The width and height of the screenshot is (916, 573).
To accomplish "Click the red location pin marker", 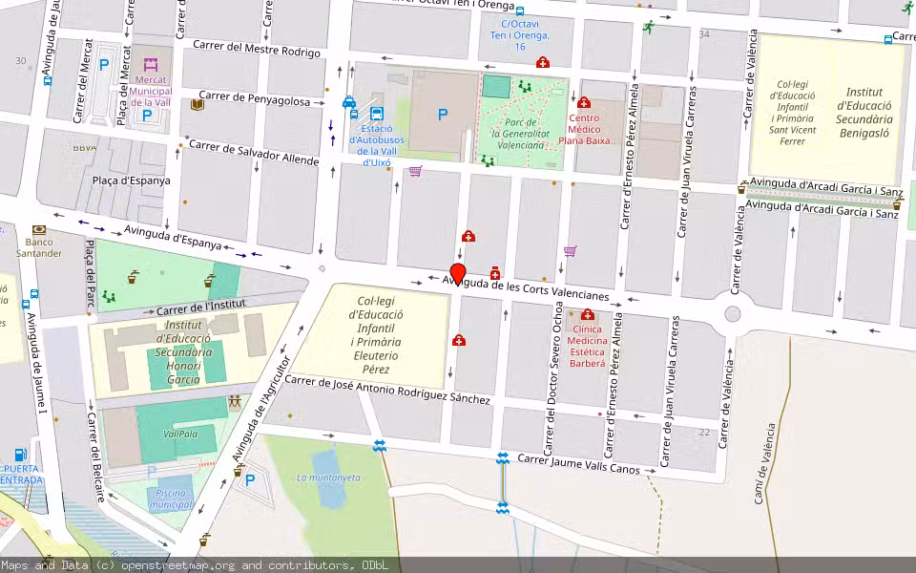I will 458,274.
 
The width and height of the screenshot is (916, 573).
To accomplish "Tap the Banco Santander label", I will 39,247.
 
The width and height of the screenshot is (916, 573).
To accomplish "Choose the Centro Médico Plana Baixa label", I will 583,129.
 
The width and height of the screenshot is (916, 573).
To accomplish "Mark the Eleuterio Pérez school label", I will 376,334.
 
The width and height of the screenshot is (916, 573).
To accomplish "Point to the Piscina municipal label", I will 171,498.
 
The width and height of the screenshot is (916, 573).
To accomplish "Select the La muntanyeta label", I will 328,477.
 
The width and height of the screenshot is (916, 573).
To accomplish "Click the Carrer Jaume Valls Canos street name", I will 578,464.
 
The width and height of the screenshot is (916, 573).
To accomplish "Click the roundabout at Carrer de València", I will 733,314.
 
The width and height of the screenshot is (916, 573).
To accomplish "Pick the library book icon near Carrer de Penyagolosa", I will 197,104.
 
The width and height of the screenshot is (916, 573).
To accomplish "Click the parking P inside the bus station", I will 442,114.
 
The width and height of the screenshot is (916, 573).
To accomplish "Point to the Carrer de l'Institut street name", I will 201,308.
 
